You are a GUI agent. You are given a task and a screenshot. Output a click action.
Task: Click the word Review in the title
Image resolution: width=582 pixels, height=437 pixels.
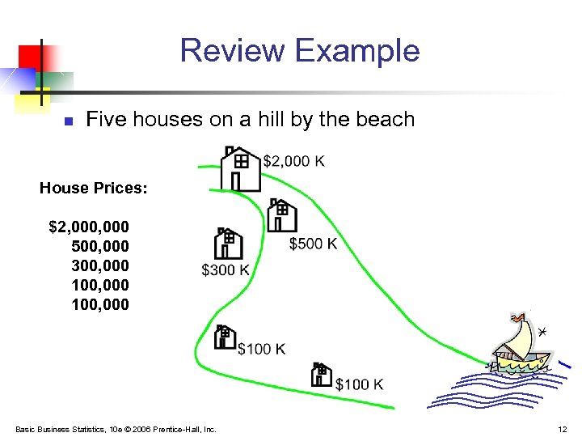point(233,50)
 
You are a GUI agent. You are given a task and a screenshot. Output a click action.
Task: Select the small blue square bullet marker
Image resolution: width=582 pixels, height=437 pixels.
point(69,121)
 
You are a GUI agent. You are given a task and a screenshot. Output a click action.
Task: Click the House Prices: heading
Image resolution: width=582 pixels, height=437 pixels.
point(94,188)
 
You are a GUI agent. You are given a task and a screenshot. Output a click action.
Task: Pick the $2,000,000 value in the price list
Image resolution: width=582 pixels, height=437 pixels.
point(89,226)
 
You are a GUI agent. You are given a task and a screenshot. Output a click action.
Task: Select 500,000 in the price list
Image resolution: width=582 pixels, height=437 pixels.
point(99,245)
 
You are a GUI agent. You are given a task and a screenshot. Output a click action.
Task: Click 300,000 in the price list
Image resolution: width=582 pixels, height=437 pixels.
point(99,265)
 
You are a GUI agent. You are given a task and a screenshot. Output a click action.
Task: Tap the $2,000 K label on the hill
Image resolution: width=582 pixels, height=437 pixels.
point(294,161)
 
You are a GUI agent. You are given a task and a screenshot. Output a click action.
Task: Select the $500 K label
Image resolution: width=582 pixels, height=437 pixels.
point(313,244)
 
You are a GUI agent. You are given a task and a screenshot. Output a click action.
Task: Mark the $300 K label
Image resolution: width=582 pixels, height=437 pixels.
point(226,270)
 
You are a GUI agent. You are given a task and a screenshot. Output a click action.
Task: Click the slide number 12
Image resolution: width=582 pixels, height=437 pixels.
point(563,429)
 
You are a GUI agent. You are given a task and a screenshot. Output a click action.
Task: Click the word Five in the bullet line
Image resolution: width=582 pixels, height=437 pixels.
point(103,120)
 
